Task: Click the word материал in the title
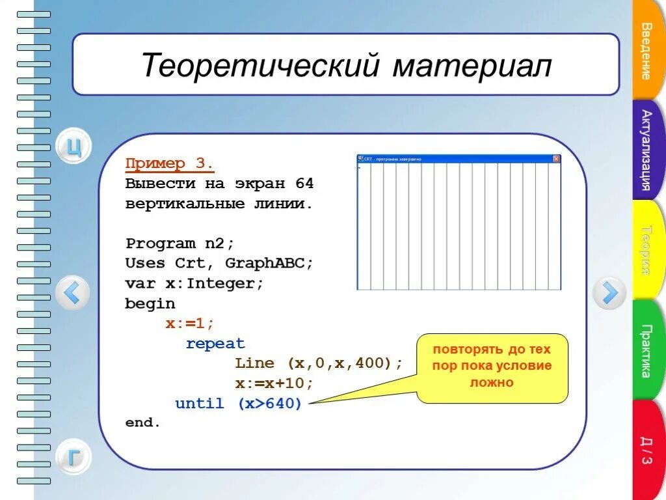[x=472, y=66]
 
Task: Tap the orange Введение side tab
[x=647, y=51]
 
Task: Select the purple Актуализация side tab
[x=647, y=149]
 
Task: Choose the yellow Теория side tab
[x=647, y=249]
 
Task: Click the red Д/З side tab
[x=647, y=450]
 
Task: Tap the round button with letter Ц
[x=73, y=147]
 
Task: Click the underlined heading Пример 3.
[x=169, y=163]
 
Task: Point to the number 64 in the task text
[x=304, y=184]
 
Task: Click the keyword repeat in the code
[x=215, y=344]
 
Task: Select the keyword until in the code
[x=200, y=404]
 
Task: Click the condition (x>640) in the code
[x=269, y=404]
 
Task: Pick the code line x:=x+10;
[x=274, y=383]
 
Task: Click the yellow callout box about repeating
[x=492, y=368]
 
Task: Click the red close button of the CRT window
[x=556, y=158]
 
